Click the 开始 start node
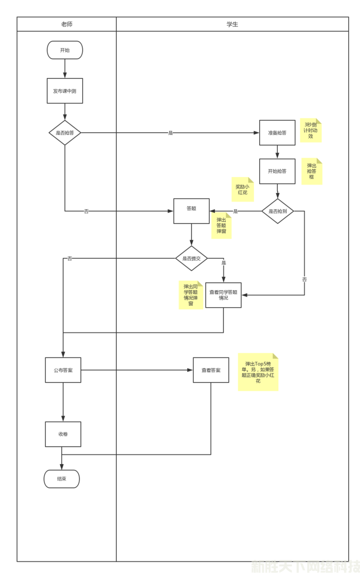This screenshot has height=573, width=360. tap(65, 50)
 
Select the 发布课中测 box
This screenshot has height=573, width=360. tap(65, 91)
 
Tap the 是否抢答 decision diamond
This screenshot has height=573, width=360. tap(65, 133)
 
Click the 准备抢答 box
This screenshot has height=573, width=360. tap(277, 133)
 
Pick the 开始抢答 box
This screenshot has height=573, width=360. tap(277, 171)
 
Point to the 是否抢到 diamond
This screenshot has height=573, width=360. tap(278, 211)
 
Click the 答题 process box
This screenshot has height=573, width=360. tap(191, 211)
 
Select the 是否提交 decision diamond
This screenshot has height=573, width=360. tap(191, 258)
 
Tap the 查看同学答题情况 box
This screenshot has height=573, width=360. tap(223, 295)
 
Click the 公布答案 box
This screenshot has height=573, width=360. tap(63, 370)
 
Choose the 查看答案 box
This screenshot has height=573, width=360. tap(211, 370)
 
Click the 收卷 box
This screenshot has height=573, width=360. tap(63, 434)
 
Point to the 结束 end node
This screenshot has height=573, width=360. tap(62, 479)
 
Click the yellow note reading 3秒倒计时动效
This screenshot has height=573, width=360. tap(311, 130)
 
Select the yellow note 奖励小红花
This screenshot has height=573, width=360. tap(242, 189)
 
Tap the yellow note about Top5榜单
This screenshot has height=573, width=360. tap(258, 372)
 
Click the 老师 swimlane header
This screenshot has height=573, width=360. tap(66, 24)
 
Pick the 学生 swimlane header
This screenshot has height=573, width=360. tap(232, 24)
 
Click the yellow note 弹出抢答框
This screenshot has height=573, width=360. tap(312, 171)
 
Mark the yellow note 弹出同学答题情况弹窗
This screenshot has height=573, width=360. tap(191, 295)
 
